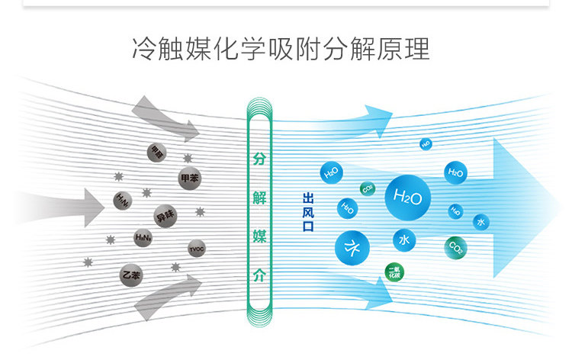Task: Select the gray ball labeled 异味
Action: point(165,216)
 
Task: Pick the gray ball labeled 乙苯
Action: point(131,273)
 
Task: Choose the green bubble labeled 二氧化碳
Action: point(395,272)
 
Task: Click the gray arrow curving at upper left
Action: point(165,118)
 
